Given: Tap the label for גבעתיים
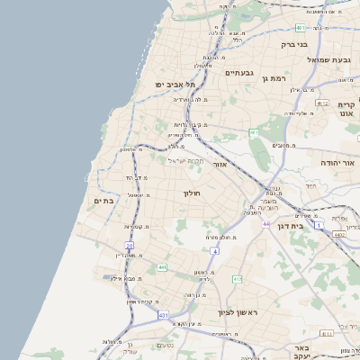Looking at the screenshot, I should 240,73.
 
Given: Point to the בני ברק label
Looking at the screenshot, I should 294,43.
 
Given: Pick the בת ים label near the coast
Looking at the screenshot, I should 103,201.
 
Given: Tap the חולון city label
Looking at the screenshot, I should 192,193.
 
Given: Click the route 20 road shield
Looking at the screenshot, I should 130,245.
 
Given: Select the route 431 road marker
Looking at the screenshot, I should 163,316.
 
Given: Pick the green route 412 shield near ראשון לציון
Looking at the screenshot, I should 238,279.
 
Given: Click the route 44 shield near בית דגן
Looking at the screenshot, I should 266,223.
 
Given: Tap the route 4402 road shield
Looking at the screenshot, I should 337,234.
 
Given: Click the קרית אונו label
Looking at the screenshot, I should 346,110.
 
